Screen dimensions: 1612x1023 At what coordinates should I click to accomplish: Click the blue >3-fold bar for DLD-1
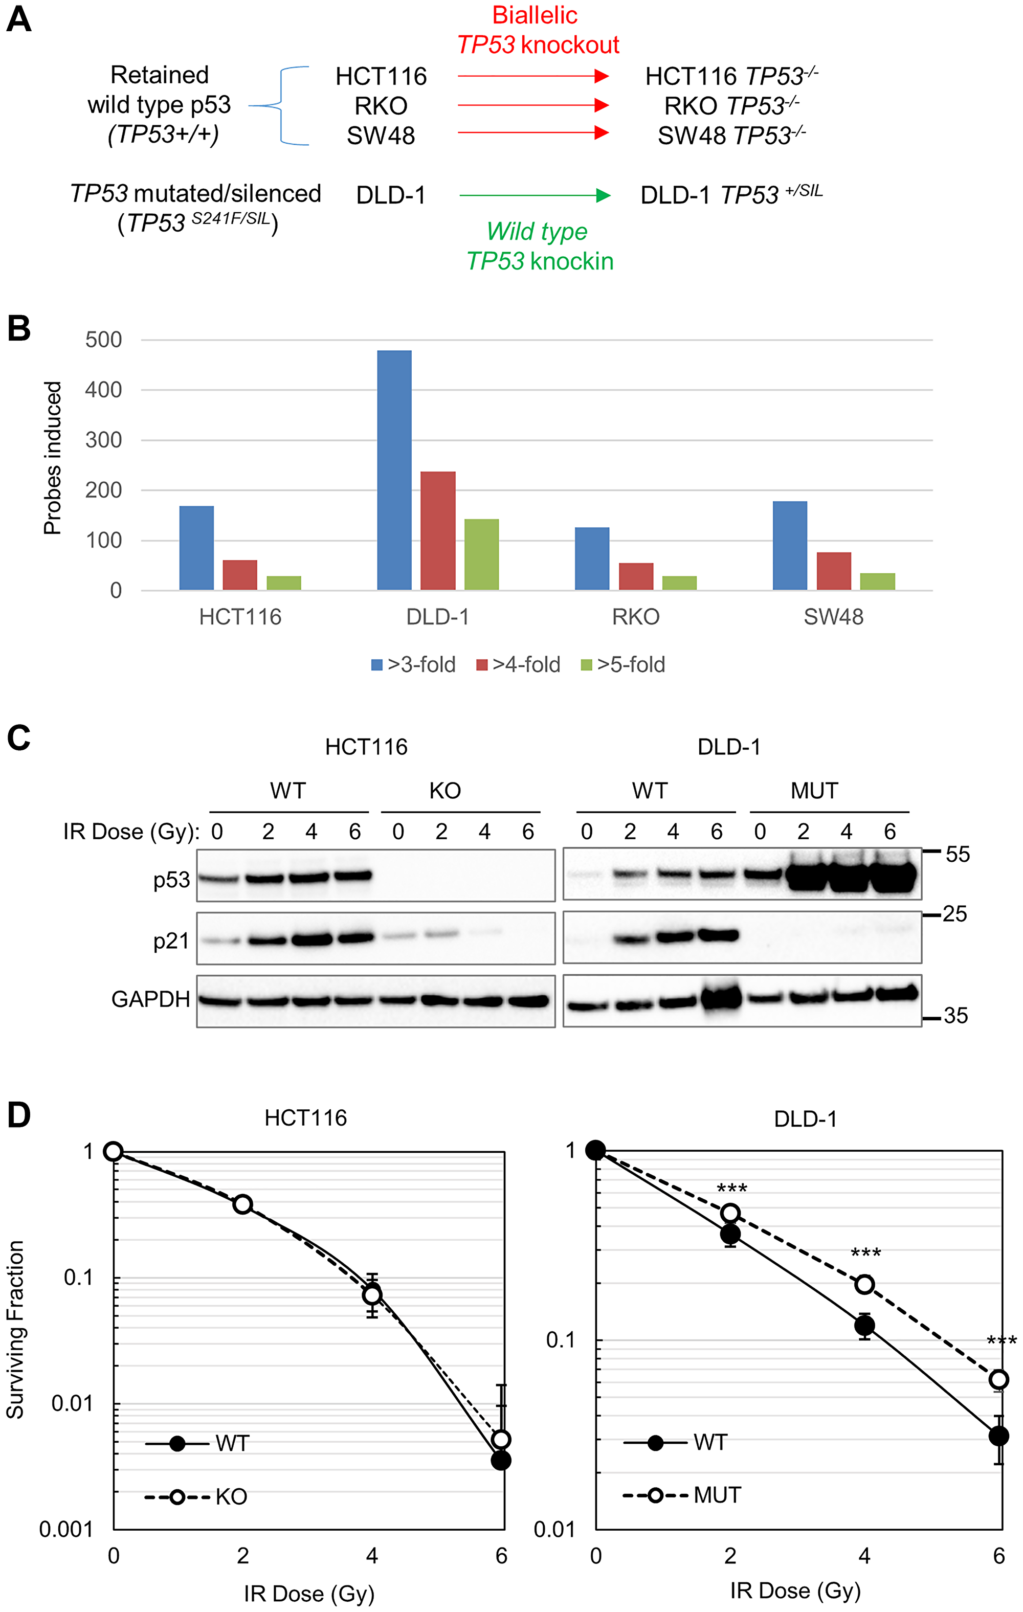point(394,469)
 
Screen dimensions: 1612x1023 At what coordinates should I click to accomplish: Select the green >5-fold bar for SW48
point(877,581)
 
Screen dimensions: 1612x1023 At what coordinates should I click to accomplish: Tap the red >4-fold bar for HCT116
point(240,574)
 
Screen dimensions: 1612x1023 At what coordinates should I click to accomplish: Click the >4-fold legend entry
point(518,665)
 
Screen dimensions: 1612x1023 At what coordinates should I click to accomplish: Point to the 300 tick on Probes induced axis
point(103,440)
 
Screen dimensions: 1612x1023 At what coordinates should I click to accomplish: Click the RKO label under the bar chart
point(635,617)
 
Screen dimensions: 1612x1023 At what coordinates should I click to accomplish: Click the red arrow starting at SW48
point(533,132)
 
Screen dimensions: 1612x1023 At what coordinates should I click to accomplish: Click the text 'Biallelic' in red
point(535,15)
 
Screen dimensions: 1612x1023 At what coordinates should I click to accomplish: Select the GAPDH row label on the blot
point(151,999)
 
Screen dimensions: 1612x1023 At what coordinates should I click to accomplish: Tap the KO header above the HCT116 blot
point(444,791)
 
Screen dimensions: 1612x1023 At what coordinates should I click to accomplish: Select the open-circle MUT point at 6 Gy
point(998,1380)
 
